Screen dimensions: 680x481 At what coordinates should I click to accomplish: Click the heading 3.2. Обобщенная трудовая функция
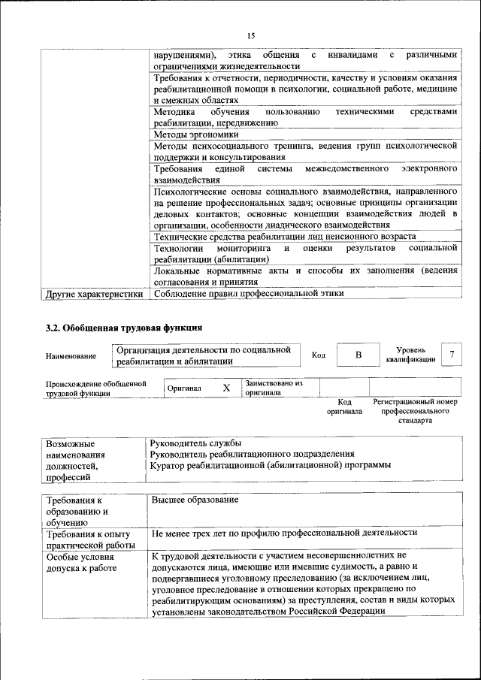[x=124, y=328]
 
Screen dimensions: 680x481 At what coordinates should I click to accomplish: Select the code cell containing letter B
[x=358, y=355]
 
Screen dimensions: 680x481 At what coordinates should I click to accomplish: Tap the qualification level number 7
[x=452, y=355]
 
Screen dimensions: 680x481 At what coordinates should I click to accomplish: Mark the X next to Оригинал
[x=225, y=388]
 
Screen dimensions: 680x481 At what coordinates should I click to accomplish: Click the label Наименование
[x=71, y=356]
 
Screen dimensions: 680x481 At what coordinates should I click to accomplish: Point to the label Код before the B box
[x=318, y=355]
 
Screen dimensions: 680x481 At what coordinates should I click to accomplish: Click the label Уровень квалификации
[x=410, y=355]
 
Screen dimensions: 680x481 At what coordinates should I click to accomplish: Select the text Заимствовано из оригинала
[x=273, y=388]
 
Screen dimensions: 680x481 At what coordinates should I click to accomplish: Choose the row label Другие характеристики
[x=94, y=294]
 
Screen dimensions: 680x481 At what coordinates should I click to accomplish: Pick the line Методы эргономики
[x=196, y=134]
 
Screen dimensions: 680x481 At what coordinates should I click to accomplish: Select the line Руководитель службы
[x=195, y=443]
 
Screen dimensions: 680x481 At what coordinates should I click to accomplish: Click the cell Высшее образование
[x=195, y=500]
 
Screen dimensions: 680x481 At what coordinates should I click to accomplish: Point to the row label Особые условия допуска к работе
[x=80, y=564]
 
